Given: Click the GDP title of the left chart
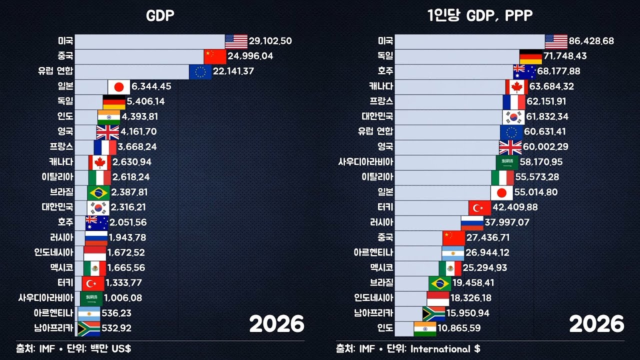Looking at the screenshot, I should click(160, 16).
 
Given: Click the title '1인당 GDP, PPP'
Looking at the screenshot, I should click(480, 16).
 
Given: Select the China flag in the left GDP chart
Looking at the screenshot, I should click(215, 56).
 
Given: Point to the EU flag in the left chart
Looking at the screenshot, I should click(200, 71).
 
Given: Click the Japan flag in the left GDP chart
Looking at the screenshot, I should click(119, 86).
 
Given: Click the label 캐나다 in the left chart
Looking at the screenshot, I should click(61, 162).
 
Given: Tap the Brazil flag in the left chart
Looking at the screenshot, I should click(98, 192).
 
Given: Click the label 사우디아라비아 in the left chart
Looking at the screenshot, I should click(45, 298).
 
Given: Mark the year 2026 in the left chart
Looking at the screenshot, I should click(276, 324).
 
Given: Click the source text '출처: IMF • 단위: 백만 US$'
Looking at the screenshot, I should click(73, 348).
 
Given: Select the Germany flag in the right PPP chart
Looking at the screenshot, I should click(531, 56).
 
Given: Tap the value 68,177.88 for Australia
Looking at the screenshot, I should click(558, 71).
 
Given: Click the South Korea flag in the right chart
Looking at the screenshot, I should click(513, 116).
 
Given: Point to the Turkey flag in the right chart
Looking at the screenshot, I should click(480, 207).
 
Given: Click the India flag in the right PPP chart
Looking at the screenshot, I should click(425, 328).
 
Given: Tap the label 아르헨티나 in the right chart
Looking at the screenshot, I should click(373, 252).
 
